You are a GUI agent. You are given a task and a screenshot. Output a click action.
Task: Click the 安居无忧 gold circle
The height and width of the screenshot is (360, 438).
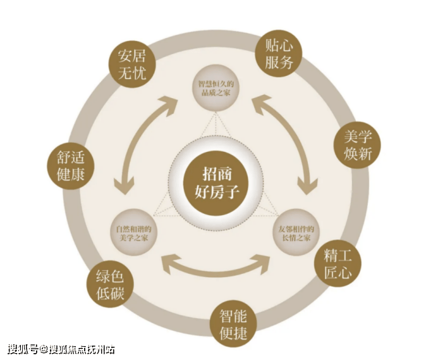[x=131, y=65]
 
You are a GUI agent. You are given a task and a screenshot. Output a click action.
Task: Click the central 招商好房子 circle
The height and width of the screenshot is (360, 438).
[x=216, y=180]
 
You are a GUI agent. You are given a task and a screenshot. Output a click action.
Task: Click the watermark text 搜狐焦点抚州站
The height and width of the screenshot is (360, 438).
[x=82, y=349]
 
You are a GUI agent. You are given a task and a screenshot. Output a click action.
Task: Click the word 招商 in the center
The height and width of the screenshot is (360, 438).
[x=216, y=171]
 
